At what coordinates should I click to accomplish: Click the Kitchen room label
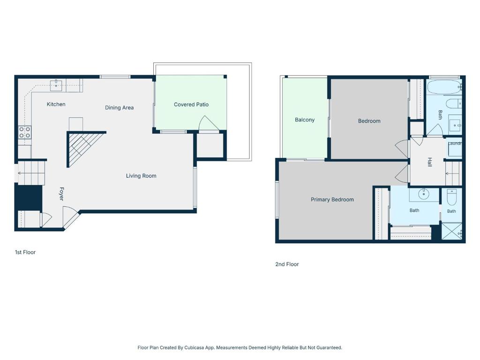click(56, 105)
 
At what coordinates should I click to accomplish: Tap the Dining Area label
click(120, 108)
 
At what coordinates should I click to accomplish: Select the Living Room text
click(141, 176)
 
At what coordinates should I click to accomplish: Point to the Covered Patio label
click(191, 105)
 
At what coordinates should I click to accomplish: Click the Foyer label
click(61, 194)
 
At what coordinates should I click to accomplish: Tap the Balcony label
click(305, 120)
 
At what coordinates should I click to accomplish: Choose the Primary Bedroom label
click(332, 200)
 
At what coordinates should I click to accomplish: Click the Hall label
click(430, 162)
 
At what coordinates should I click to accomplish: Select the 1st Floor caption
click(25, 252)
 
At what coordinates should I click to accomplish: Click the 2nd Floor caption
click(287, 264)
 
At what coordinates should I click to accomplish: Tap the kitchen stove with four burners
click(25, 132)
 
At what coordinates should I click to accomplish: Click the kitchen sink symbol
click(56, 85)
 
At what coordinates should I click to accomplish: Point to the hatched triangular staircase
click(82, 147)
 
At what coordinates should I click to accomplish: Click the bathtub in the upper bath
click(444, 87)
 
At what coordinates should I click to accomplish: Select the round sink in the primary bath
click(424, 194)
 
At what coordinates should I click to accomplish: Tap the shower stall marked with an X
click(451, 232)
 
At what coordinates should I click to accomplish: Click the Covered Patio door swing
click(209, 123)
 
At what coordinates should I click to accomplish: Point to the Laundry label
click(455, 143)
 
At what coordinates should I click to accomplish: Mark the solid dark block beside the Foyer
click(29, 197)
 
